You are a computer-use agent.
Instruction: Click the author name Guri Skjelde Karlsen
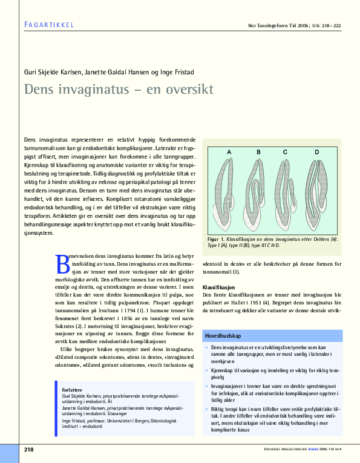[x=52, y=72]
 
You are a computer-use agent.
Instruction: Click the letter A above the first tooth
[x=229, y=151]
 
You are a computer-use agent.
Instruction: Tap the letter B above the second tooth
[x=258, y=151]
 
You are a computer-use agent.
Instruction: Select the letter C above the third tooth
[x=284, y=151]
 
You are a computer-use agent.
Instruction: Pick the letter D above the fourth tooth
[x=316, y=151]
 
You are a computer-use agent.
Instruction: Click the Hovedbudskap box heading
[x=223, y=335]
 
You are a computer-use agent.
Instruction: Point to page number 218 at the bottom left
[x=28, y=448]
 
